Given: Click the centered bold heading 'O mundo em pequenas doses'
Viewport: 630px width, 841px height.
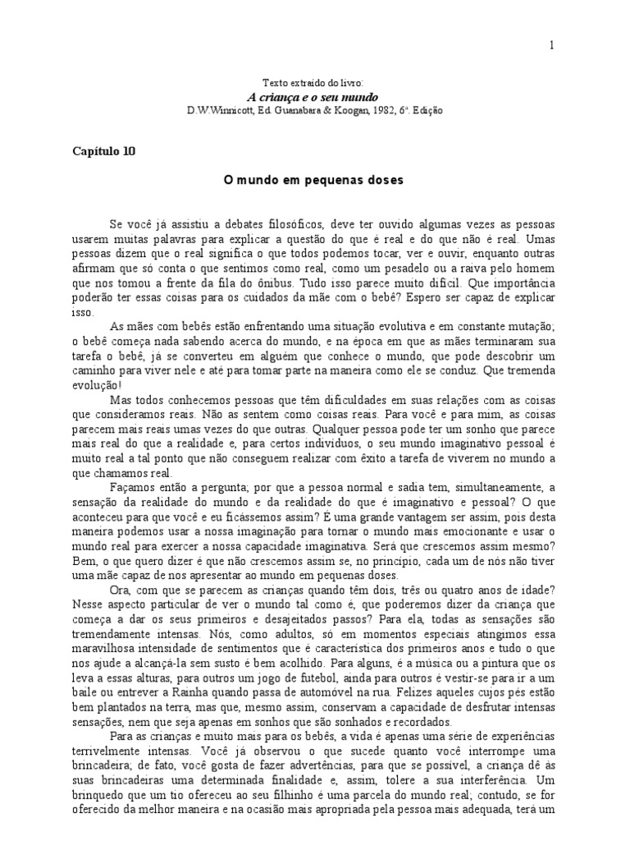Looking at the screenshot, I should (x=314, y=180).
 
